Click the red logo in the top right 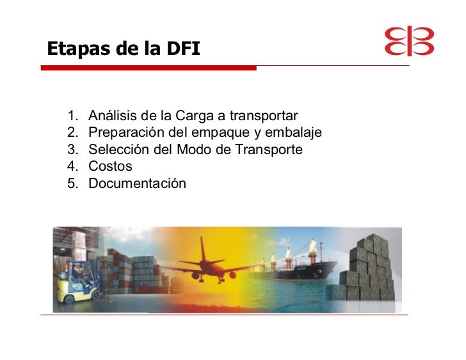point(409,42)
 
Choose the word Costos point(110,166)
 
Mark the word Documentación point(137,184)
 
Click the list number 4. point(72,166)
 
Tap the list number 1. point(72,116)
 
